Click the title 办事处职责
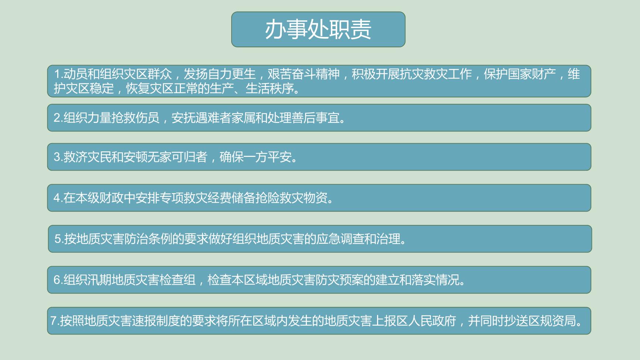[x=318, y=30]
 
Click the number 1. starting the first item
[x=58, y=74]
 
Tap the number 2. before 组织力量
[x=58, y=118]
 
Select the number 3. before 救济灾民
[x=58, y=157]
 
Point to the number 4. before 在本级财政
[x=58, y=198]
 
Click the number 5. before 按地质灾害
[x=59, y=239]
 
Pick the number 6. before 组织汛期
[x=58, y=280]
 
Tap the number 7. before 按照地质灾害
[x=55, y=321]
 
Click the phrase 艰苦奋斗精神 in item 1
[x=304, y=74]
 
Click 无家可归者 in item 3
[x=177, y=157]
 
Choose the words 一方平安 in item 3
[x=268, y=157]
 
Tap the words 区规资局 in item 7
[x=552, y=321]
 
